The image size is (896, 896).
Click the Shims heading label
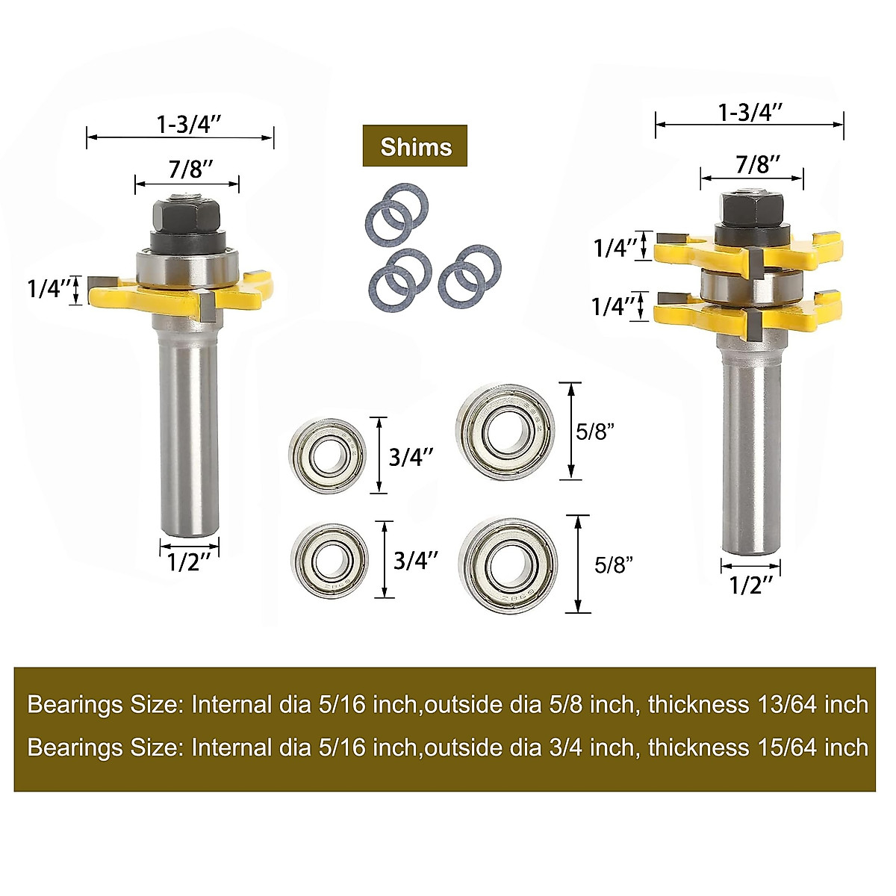(x=415, y=146)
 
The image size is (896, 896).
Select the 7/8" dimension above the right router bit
(x=758, y=164)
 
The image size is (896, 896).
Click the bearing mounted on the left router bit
(x=187, y=265)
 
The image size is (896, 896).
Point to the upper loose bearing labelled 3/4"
(x=328, y=455)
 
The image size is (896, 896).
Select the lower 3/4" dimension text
(x=416, y=560)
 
